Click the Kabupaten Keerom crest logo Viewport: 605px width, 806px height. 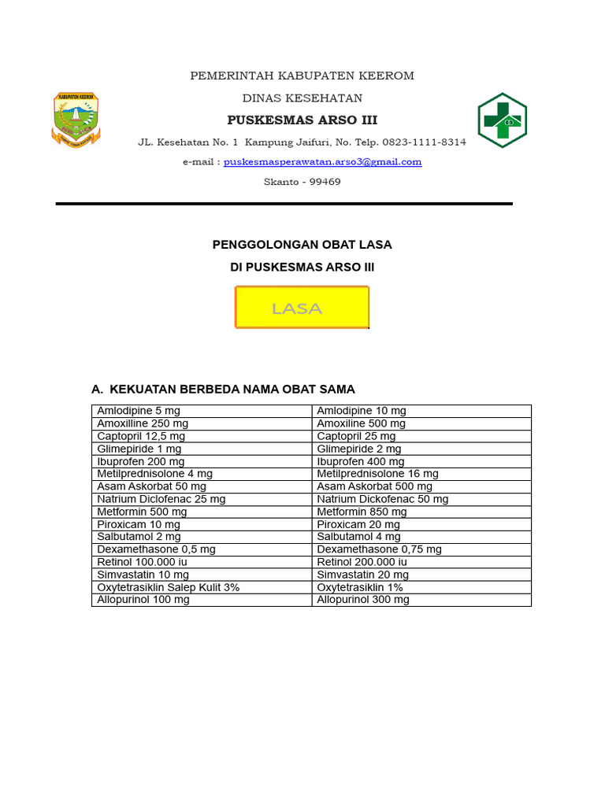click(x=76, y=120)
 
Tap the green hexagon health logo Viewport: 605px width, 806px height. click(x=502, y=120)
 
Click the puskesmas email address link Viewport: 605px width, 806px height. click(x=322, y=162)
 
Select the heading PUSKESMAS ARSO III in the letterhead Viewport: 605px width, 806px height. click(x=302, y=120)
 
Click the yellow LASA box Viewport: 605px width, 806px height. click(x=302, y=308)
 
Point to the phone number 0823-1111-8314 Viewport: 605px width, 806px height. click(x=425, y=142)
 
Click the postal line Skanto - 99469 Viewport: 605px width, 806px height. click(x=302, y=182)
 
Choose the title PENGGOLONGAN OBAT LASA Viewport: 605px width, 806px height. click(x=302, y=245)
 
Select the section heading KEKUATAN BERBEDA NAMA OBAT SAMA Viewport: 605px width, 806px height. click(x=232, y=390)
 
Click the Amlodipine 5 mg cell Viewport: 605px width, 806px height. click(x=139, y=411)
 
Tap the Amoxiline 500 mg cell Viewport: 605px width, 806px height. click(x=362, y=423)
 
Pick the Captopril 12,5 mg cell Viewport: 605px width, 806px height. click(x=142, y=436)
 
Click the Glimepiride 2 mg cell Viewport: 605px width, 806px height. click(x=359, y=449)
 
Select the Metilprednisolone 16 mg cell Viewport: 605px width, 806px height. click(x=378, y=474)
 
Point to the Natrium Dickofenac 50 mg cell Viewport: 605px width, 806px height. click(x=383, y=499)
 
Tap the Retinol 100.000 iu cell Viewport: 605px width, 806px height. click(x=143, y=562)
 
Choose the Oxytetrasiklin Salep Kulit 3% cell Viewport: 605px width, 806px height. click(x=169, y=587)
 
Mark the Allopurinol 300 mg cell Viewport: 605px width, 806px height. click(x=363, y=600)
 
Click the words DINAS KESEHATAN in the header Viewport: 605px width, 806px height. click(x=302, y=98)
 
